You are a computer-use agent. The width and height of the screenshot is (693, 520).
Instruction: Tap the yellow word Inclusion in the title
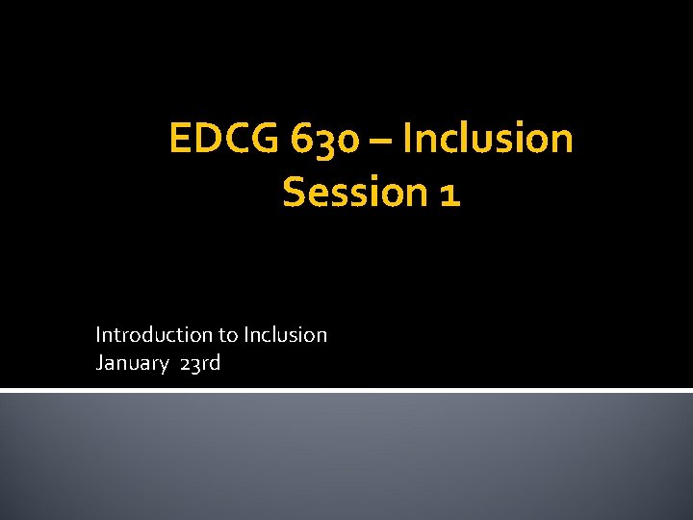(x=488, y=139)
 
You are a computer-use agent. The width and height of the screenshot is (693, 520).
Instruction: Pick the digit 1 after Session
(x=449, y=193)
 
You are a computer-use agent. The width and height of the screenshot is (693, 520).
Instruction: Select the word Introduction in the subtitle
(x=154, y=335)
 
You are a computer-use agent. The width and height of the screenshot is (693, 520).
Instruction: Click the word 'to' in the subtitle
(x=229, y=335)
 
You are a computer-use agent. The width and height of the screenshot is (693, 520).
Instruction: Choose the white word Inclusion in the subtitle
(x=286, y=335)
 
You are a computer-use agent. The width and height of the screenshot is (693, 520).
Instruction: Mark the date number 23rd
(x=200, y=363)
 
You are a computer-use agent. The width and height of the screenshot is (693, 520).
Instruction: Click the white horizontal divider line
(x=346, y=389)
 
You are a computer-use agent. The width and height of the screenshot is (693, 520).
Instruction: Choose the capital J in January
(x=99, y=363)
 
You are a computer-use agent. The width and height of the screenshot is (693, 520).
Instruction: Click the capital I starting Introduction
(x=98, y=335)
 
